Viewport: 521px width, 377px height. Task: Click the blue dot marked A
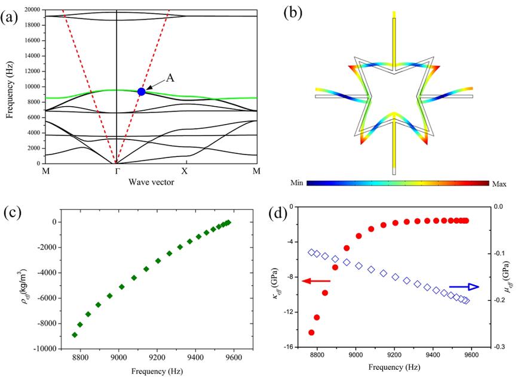(142, 91)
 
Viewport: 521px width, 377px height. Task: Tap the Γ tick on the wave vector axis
(116, 172)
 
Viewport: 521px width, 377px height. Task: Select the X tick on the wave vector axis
(185, 172)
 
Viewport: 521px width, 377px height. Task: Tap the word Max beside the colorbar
(499, 184)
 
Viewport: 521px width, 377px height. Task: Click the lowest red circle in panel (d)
(311, 332)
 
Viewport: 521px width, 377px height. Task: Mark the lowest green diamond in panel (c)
(75, 335)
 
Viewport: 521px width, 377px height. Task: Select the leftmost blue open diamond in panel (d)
(311, 252)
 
